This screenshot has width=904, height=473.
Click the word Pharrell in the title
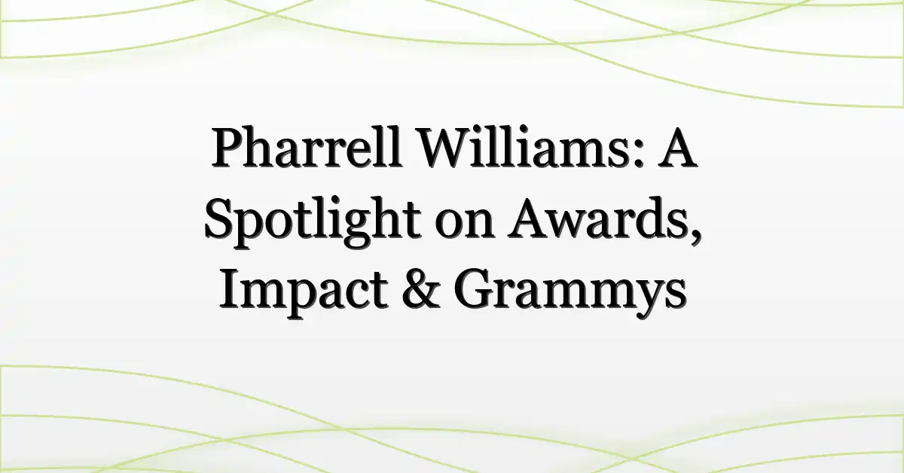pyautogui.click(x=307, y=147)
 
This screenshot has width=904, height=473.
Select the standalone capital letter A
pyautogui.click(x=677, y=147)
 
